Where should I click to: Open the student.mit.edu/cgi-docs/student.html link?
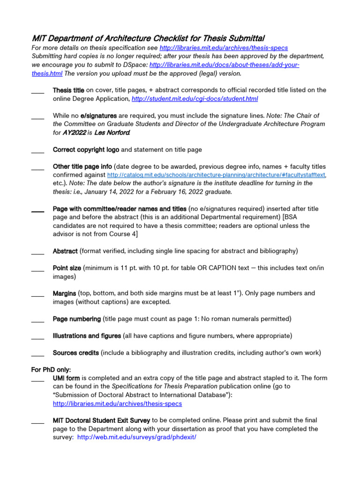pos(195,99)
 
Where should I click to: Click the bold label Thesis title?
pos(68,90)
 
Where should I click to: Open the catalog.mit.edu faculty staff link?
pos(216,175)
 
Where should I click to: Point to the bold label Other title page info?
pos(82,166)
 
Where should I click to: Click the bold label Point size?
pos(67,268)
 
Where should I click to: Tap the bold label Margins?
pos(64,293)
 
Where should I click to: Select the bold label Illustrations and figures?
pos(87,336)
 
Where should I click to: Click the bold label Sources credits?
pos(75,352)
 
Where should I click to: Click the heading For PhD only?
pos(51,369)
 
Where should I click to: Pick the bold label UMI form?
pos(66,378)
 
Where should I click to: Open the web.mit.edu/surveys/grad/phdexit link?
pos(136,437)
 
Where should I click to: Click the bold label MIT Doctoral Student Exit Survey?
pos(101,420)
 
